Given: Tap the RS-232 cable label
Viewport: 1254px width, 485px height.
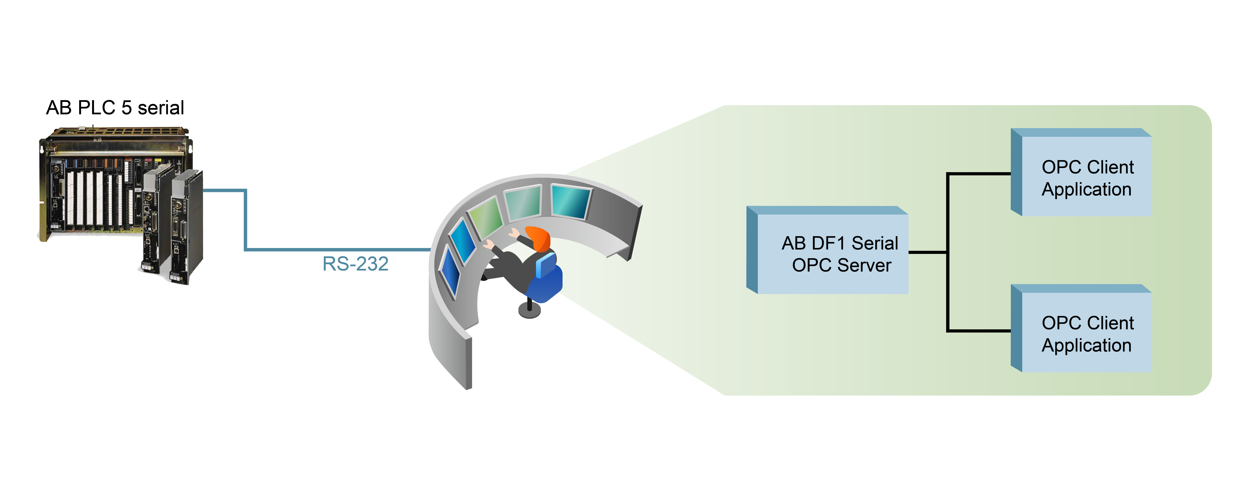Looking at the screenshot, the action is [355, 264].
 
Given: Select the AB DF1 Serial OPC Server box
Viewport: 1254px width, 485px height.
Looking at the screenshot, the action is [828, 250].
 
